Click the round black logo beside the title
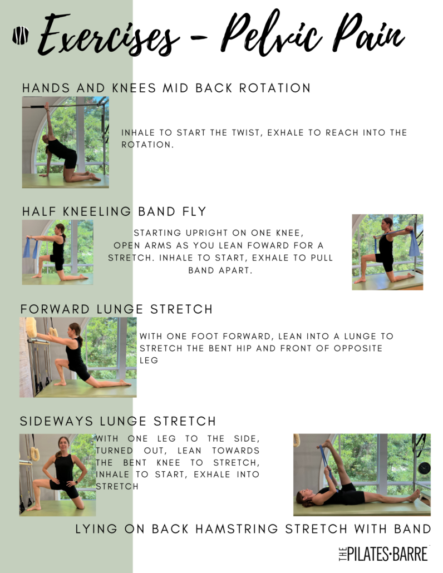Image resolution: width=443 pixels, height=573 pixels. pyautogui.click(x=21, y=36)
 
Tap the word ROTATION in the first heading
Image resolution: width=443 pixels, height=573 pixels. pyautogui.click(x=275, y=88)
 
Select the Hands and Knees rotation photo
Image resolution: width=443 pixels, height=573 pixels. pyautogui.click(x=66, y=142)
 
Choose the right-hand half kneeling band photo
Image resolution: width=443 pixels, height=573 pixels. pyautogui.click(x=387, y=252)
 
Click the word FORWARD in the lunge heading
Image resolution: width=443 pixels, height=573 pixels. pyautogui.click(x=55, y=309)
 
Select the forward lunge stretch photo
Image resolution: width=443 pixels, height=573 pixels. pyautogui.click(x=78, y=357)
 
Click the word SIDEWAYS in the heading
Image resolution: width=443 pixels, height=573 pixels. pyautogui.click(x=57, y=421)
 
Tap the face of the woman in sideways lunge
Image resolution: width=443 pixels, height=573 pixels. pyautogui.click(x=63, y=444)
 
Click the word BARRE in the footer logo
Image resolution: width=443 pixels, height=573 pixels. pyautogui.click(x=411, y=554)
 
